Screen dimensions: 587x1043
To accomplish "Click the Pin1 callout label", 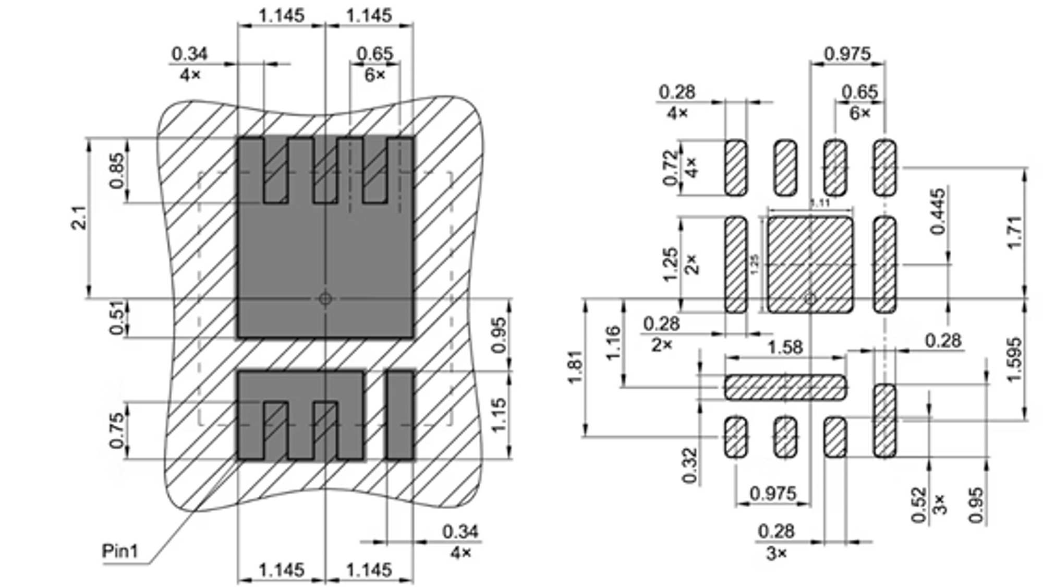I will (120, 551).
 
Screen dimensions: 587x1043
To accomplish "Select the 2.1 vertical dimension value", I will (79, 218).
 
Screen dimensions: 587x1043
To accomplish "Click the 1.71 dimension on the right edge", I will (1014, 232).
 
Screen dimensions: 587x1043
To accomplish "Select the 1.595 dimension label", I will (1014, 360).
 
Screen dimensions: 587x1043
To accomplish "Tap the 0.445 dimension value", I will (937, 211).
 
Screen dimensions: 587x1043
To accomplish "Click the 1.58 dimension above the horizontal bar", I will (785, 347).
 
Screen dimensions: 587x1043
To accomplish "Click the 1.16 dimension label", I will (613, 343).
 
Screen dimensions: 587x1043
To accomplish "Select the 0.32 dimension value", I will (689, 465).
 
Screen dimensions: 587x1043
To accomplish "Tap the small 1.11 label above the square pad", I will (820, 203).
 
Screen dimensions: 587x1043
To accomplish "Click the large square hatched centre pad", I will (810, 265).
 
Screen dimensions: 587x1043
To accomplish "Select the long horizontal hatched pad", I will (785, 387).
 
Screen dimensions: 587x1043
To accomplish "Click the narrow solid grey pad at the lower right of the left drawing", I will (400, 415).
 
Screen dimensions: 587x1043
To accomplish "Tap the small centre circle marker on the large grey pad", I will (325, 298).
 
